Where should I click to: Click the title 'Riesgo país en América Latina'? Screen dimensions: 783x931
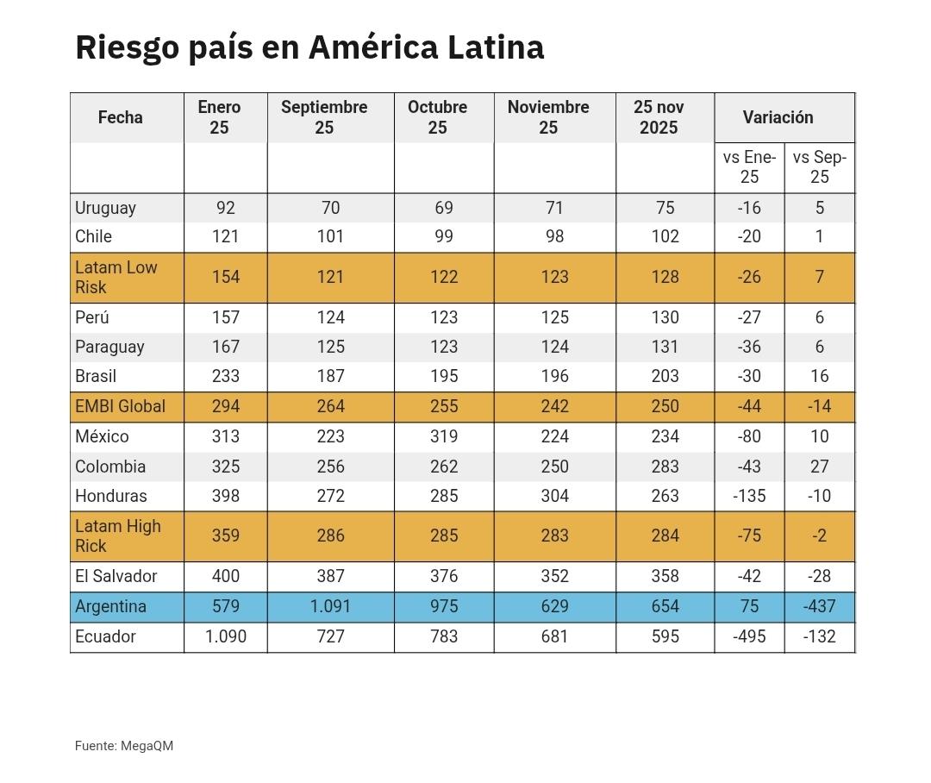[x=309, y=47]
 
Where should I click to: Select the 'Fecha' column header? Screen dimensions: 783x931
[x=120, y=117]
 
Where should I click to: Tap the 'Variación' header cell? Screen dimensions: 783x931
[x=778, y=117]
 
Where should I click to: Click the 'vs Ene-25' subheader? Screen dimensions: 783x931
[x=749, y=167]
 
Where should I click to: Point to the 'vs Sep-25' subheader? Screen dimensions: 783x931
[x=819, y=167]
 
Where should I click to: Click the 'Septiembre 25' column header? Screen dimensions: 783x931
[x=324, y=117]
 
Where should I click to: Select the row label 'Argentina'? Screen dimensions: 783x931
[x=110, y=606]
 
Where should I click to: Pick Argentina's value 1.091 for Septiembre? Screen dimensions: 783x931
[x=330, y=606]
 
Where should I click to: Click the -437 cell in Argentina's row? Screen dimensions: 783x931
[x=819, y=606]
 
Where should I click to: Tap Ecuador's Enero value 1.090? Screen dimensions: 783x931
[x=226, y=636]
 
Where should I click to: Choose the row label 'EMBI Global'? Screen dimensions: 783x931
[x=120, y=406]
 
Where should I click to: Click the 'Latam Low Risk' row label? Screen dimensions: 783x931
[x=116, y=277]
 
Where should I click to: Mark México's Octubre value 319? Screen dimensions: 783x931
[x=443, y=436]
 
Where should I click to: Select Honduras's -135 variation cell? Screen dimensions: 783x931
[x=749, y=496]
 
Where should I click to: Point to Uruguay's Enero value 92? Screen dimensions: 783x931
[x=226, y=208]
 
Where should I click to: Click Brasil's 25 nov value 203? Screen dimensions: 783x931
[x=665, y=376]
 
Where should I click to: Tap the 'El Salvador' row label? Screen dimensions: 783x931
[x=116, y=576]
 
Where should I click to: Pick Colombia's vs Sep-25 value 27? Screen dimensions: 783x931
[x=819, y=467]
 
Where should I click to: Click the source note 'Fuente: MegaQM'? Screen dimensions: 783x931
[x=124, y=746]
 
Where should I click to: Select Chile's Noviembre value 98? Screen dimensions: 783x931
[x=554, y=236]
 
